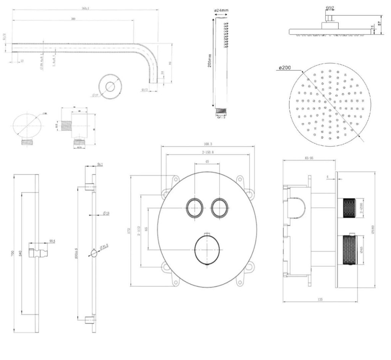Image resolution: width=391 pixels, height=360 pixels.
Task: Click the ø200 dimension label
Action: (285, 68)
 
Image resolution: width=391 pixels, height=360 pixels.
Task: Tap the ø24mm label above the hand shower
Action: (222, 10)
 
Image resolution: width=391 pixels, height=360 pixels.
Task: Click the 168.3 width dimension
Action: (208, 144)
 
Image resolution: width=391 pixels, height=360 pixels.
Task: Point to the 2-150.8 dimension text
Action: (207, 152)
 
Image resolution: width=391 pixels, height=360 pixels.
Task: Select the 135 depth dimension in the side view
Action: (320, 300)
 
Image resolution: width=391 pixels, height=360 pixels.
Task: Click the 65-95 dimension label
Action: (309, 158)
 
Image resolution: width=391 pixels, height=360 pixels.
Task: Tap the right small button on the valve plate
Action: (220, 208)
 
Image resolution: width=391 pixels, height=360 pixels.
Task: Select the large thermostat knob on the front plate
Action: (207, 249)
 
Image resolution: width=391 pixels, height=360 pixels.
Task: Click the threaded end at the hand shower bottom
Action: (221, 111)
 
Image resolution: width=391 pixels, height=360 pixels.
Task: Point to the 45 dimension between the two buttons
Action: (207, 162)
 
